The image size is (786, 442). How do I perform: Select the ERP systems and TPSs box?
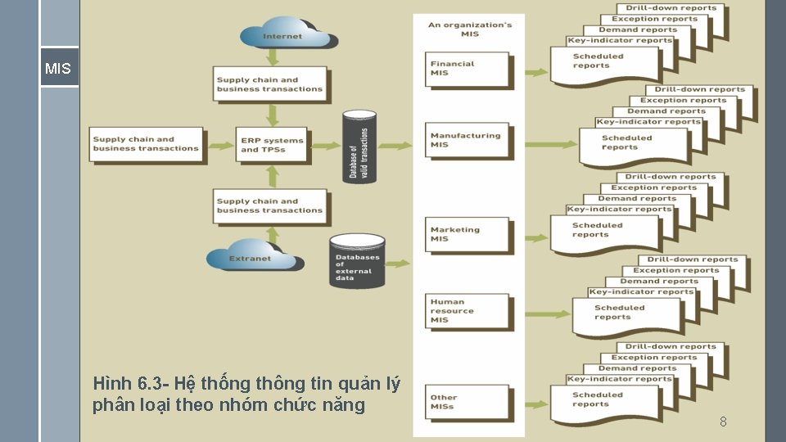coord(272,145)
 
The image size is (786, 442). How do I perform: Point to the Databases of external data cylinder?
coord(357,263)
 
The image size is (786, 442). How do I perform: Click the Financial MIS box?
coord(468,69)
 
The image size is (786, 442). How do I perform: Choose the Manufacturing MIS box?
coord(468,141)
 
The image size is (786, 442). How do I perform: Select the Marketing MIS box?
coord(468,234)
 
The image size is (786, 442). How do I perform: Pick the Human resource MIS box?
coord(468,311)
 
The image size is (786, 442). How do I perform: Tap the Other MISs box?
coord(468,402)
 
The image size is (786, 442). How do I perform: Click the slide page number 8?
coord(723,422)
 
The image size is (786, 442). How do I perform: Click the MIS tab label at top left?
coord(58,69)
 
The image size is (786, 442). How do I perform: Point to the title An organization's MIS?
coord(470,29)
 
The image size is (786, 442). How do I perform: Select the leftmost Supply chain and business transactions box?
coord(147,144)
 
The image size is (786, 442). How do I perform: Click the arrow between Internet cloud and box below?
coord(272,56)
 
